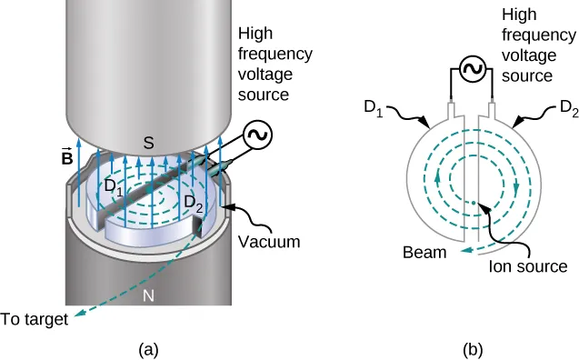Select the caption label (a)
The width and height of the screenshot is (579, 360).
[147, 346]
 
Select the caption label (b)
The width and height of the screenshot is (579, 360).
[474, 346]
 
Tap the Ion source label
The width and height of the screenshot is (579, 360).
[527, 266]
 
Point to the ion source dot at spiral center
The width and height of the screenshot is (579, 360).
[474, 202]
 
